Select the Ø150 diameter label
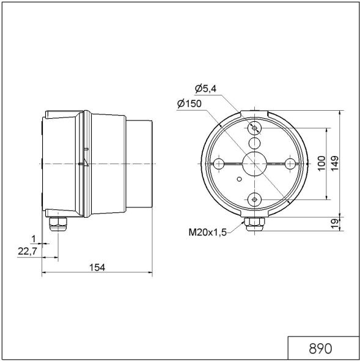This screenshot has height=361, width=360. [x=189, y=103]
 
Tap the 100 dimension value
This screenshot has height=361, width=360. [x=321, y=163]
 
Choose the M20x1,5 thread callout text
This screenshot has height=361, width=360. [x=207, y=232]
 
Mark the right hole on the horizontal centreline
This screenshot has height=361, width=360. [x=289, y=163]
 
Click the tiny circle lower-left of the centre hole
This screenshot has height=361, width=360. [x=239, y=180]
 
